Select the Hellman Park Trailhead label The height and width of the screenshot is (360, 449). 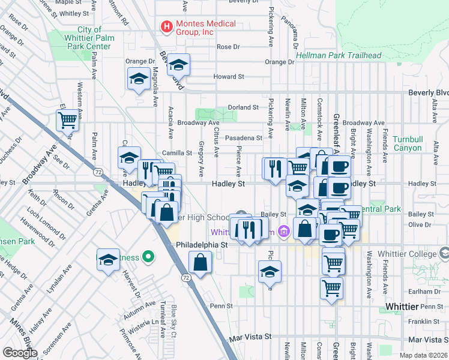[x=339, y=56]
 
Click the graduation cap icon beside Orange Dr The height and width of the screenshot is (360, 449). [x=178, y=64]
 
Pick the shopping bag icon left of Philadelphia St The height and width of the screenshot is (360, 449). [x=200, y=262]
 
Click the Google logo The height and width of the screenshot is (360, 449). [x=20, y=353]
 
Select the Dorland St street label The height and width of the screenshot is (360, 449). [x=243, y=107]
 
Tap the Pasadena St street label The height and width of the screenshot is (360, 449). [x=244, y=137]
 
